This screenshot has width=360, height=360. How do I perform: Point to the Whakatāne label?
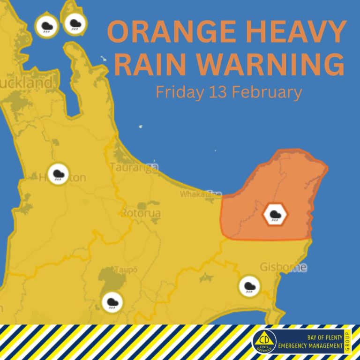click(201, 193)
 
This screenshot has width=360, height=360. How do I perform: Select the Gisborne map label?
click(284, 268)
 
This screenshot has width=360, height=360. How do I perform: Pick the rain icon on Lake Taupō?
click(112, 302)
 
